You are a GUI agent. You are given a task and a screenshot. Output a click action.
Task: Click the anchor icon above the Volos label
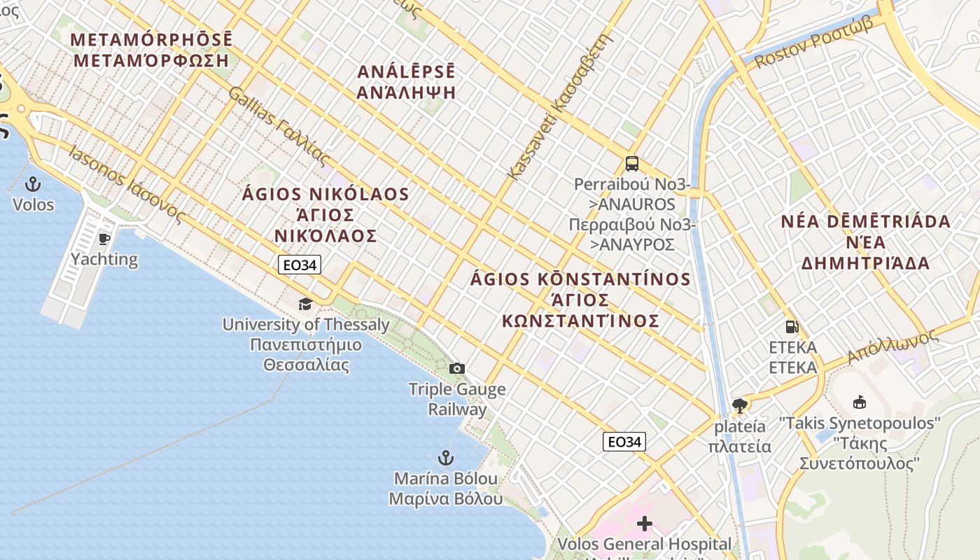[32, 185]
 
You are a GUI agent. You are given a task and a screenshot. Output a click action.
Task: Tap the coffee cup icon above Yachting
[104, 239]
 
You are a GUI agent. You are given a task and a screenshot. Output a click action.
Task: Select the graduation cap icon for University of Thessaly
[305, 304]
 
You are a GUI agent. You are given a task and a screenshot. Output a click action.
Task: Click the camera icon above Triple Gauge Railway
[456, 368]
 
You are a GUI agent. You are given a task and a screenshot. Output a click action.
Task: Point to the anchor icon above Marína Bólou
[445, 458]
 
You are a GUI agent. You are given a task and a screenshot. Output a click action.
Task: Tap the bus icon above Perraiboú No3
[631, 164]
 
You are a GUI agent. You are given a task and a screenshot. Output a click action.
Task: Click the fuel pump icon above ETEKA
[792, 327]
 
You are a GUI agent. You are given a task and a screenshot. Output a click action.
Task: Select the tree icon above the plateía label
[739, 405]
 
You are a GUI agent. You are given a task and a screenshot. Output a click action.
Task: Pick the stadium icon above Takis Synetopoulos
[859, 402]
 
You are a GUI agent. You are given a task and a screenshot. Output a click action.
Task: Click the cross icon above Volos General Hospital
[644, 523]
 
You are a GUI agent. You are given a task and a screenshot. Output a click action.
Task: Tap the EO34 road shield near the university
[300, 265]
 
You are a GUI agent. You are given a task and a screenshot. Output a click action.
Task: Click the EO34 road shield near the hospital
[624, 442]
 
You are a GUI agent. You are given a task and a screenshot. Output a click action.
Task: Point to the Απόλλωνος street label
[892, 346]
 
